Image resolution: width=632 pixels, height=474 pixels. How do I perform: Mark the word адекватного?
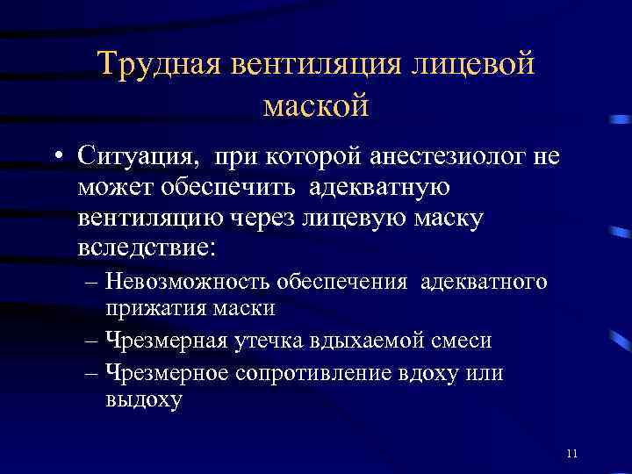(x=484, y=282)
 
